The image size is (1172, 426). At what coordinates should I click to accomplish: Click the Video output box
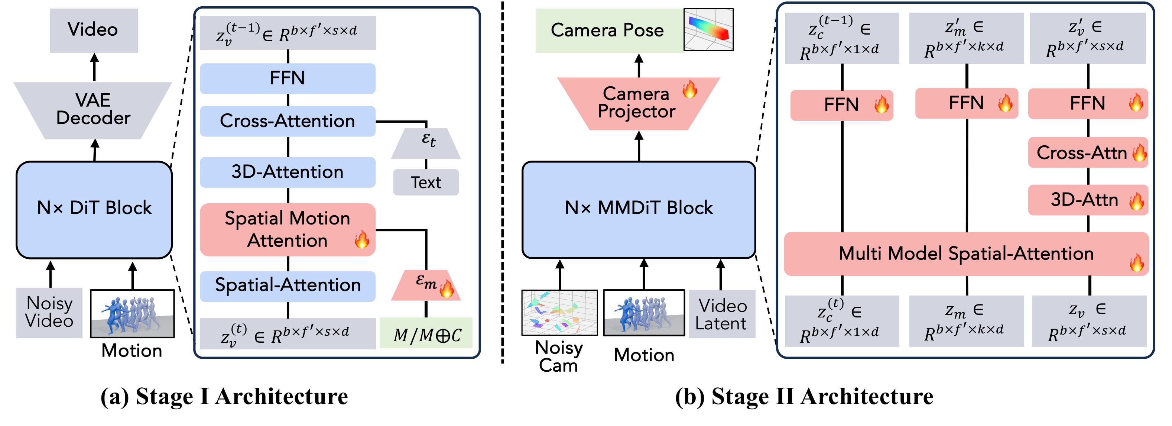[x=94, y=30]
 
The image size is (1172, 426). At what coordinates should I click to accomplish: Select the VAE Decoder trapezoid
[x=93, y=110]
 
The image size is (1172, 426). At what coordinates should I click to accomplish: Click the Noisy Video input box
[x=49, y=313]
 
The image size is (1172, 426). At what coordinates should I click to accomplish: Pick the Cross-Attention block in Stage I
[x=288, y=122]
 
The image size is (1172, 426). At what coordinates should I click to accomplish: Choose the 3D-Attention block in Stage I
[x=288, y=172]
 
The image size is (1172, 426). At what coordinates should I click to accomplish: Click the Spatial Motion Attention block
[x=288, y=229]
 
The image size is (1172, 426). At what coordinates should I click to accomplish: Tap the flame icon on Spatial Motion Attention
[x=362, y=239]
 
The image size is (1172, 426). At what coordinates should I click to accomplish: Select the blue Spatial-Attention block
[x=288, y=286]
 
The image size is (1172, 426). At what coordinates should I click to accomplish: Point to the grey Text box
[x=426, y=183]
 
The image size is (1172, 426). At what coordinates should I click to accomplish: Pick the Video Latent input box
[x=722, y=314]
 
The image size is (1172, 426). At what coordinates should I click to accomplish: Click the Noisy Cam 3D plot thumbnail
[x=559, y=313]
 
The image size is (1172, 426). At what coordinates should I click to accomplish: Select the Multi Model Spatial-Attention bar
[x=966, y=254]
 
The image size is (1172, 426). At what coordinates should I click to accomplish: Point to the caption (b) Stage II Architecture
[x=804, y=396]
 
